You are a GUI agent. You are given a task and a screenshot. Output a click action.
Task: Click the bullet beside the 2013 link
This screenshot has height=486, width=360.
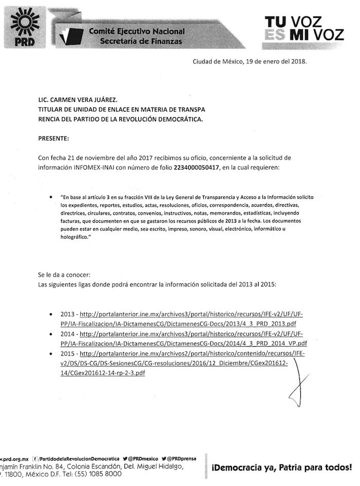[x=49, y=314]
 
